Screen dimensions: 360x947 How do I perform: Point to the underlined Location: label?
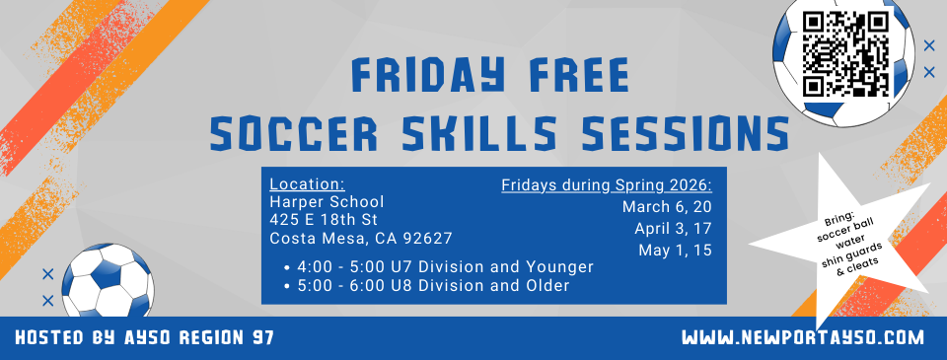click(307, 184)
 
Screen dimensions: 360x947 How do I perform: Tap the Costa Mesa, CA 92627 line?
click(360, 238)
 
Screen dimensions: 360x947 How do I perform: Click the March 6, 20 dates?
click(667, 207)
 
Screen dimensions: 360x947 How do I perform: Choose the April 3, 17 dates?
click(674, 229)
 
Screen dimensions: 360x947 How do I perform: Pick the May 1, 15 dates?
click(676, 251)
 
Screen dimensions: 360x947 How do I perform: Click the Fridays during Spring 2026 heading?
click(606, 184)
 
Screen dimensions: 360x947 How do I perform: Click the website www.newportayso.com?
click(803, 338)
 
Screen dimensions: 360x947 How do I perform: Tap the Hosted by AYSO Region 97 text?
click(144, 338)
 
